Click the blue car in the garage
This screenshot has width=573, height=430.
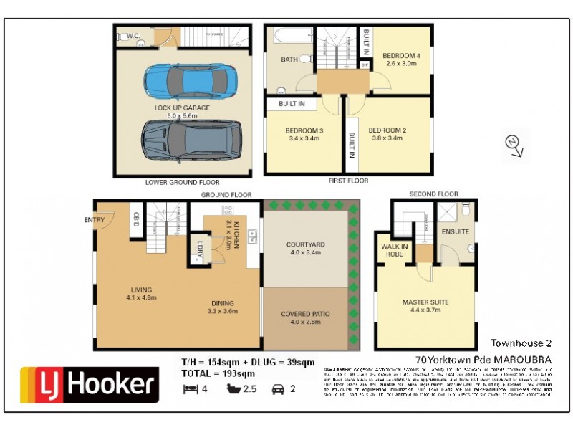(191, 81)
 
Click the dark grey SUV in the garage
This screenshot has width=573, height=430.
(189, 140)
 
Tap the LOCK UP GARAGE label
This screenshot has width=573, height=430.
(182, 108)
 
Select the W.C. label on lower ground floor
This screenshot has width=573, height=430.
(133, 35)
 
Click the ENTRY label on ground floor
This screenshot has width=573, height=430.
(94, 220)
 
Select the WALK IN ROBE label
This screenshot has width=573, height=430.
(394, 250)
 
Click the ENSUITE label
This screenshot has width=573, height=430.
(456, 231)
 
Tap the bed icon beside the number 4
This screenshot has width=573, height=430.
(189, 390)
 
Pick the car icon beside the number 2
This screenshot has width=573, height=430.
(279, 390)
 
